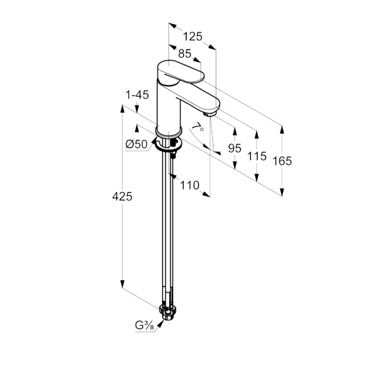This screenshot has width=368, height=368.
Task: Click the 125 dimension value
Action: click(x=193, y=36)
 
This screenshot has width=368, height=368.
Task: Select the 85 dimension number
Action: click(x=184, y=54)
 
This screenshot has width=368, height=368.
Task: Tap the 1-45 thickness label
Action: click(x=137, y=95)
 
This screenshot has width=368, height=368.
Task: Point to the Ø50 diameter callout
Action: click(x=136, y=144)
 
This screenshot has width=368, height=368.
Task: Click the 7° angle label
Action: click(x=197, y=129)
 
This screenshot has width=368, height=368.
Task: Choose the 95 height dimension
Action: click(x=235, y=148)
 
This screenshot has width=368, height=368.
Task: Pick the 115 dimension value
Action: click(x=257, y=156)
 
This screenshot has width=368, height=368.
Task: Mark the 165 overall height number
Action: click(x=282, y=160)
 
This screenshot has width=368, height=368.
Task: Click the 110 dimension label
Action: click(x=190, y=185)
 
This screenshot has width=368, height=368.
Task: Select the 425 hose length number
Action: click(x=122, y=196)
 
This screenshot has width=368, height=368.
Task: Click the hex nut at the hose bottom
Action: click(x=168, y=313)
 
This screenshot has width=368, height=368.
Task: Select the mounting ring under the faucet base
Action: click(x=167, y=143)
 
